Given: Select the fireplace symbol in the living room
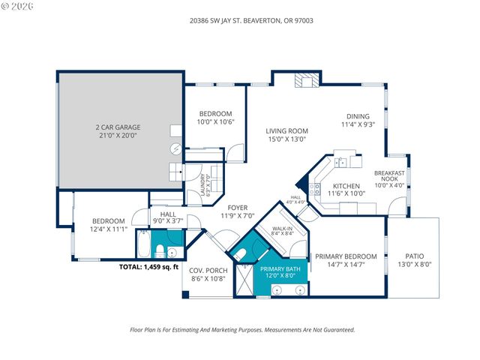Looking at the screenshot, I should (307, 80).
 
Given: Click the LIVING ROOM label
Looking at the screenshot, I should (286, 131).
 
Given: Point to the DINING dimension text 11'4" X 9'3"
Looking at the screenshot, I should (357, 124).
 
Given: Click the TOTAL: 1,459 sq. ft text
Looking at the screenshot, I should (149, 266).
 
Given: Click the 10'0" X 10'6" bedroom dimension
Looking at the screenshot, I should (215, 121).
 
